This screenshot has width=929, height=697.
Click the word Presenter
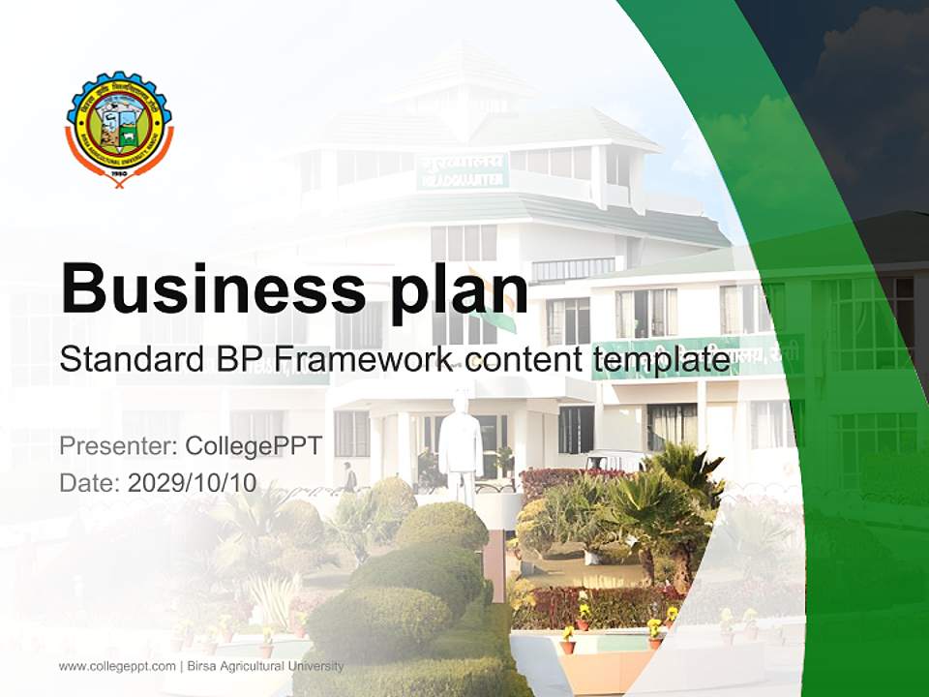114,446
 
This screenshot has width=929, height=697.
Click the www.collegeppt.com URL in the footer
117,666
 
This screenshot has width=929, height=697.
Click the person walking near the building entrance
348,476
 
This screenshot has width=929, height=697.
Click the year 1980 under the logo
119,173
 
